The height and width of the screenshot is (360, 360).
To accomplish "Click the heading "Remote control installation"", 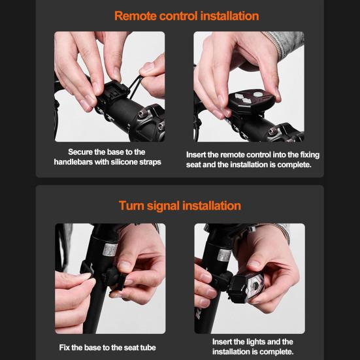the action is (x=187, y=16).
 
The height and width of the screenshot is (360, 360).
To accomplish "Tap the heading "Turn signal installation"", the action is (x=180, y=206).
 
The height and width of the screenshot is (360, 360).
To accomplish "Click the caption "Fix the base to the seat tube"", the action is (x=107, y=348).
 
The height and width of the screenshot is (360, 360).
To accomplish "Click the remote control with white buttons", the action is (x=252, y=101).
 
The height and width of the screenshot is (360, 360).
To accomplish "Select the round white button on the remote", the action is (x=257, y=94).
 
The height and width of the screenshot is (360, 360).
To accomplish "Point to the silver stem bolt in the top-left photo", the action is (x=141, y=112).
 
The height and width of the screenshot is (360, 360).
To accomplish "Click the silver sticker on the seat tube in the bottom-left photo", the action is (x=110, y=250).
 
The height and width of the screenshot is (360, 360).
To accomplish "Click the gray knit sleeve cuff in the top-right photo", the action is (x=285, y=42).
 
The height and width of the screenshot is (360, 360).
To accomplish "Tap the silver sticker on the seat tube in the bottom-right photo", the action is (x=224, y=254).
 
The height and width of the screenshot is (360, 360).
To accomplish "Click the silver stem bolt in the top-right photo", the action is (x=272, y=131).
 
